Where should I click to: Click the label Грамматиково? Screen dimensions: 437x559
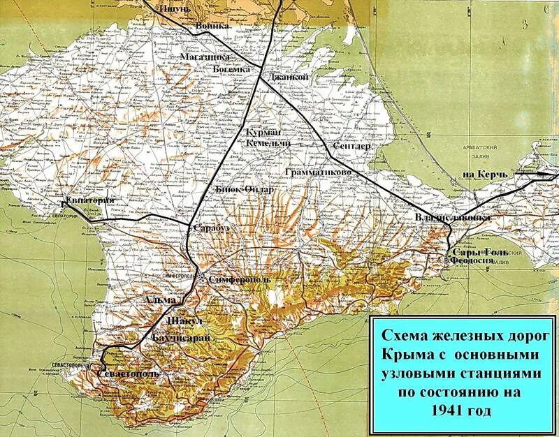314,171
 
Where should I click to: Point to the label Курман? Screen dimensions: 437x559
263,132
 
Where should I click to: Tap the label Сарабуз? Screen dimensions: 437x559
212,228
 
